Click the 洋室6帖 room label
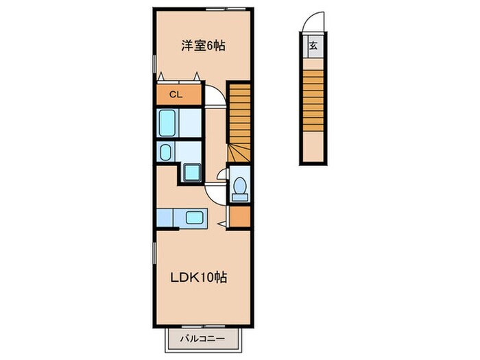coord(203,46)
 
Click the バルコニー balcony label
coord(204,339)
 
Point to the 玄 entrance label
coord(313,47)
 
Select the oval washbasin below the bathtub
coord(165,152)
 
